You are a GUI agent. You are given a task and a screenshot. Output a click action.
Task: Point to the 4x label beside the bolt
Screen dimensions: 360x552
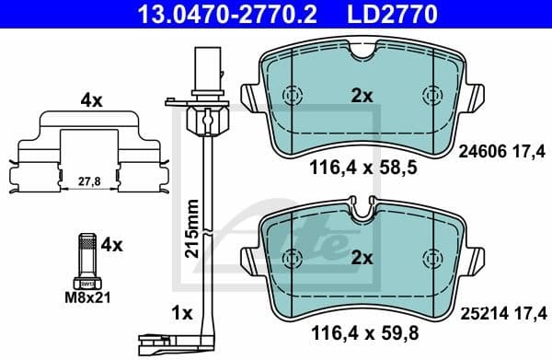tap(111, 245)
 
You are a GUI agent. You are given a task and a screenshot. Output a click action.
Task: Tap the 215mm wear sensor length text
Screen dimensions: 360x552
tap(190, 227)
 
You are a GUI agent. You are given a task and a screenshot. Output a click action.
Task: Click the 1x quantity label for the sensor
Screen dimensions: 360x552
tap(182, 313)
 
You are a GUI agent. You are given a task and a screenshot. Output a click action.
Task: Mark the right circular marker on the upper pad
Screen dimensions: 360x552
tap(431, 96)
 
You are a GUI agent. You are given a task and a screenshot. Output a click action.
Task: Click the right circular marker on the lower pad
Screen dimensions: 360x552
tap(431, 257)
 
